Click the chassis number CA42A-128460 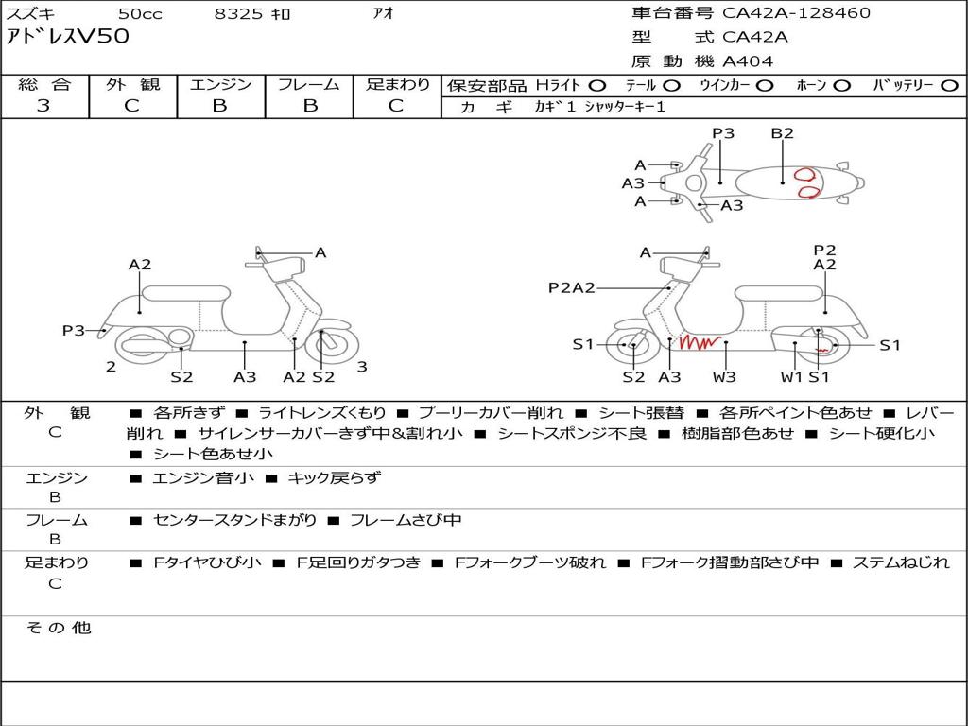point(796,12)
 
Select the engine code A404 point(748,61)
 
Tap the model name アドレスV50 point(68,37)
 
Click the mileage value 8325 point(238,13)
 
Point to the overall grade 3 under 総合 point(43,105)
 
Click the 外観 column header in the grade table point(132,84)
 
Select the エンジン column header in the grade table point(221,84)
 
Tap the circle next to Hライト point(597,86)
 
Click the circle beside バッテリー point(949,86)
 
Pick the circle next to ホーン point(842,86)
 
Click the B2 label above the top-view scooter point(782,132)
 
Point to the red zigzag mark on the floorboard point(700,342)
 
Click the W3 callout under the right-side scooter point(724,376)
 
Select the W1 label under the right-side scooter point(791,376)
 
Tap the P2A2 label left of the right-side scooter point(572,287)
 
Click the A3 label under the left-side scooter point(245,376)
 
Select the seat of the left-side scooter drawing point(186,293)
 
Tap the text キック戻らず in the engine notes point(335,477)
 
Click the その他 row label point(59,628)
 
